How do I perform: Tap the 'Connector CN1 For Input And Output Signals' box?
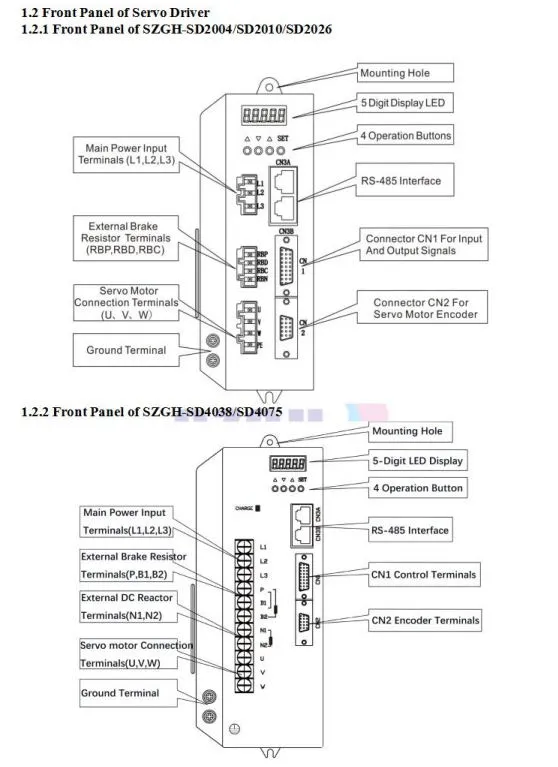[424, 246]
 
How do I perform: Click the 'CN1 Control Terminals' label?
[424, 574]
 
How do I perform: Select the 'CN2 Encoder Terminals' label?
[424, 621]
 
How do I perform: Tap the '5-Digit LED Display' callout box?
[417, 461]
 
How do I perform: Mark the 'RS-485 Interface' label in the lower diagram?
[410, 530]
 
